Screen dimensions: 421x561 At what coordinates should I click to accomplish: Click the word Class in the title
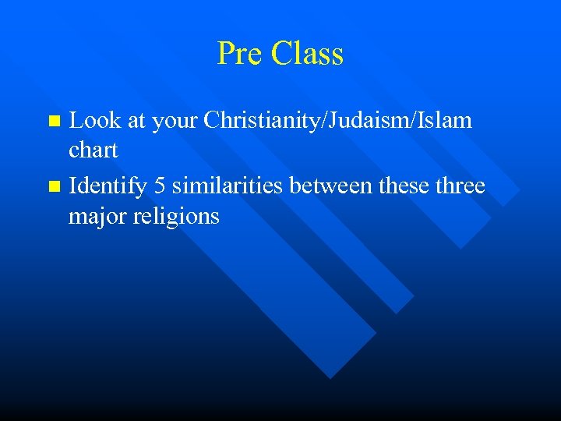[x=307, y=54]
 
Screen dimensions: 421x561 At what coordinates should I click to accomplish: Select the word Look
[x=93, y=121]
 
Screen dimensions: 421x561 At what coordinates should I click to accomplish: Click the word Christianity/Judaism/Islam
[x=337, y=121]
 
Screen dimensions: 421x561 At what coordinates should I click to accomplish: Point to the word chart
[x=93, y=150]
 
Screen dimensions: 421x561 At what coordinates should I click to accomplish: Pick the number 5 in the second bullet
[x=161, y=186]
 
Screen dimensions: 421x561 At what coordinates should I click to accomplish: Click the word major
[x=97, y=217]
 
